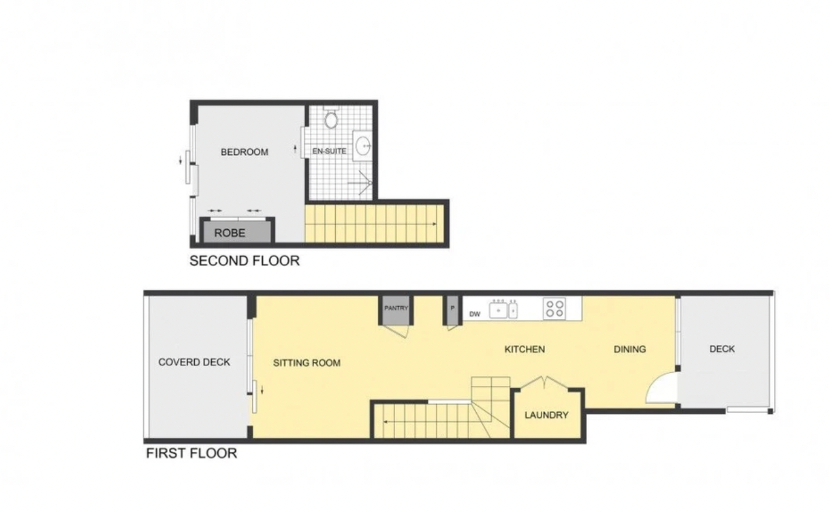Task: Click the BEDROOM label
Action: (244, 152)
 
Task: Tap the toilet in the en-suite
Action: (331, 117)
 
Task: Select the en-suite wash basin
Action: (363, 146)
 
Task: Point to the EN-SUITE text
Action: (329, 151)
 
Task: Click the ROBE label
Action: (229, 233)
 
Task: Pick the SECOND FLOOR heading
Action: (244, 261)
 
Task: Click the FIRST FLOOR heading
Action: (191, 453)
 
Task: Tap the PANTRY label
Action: (396, 308)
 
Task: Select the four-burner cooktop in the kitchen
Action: (554, 309)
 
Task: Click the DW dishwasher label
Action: (474, 315)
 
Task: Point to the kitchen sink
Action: (503, 310)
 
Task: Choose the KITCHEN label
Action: (525, 349)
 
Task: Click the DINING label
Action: (629, 349)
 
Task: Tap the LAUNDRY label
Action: (546, 415)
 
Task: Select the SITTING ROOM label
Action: (306, 363)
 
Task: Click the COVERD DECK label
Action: (194, 362)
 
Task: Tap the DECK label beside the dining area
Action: (722, 349)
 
